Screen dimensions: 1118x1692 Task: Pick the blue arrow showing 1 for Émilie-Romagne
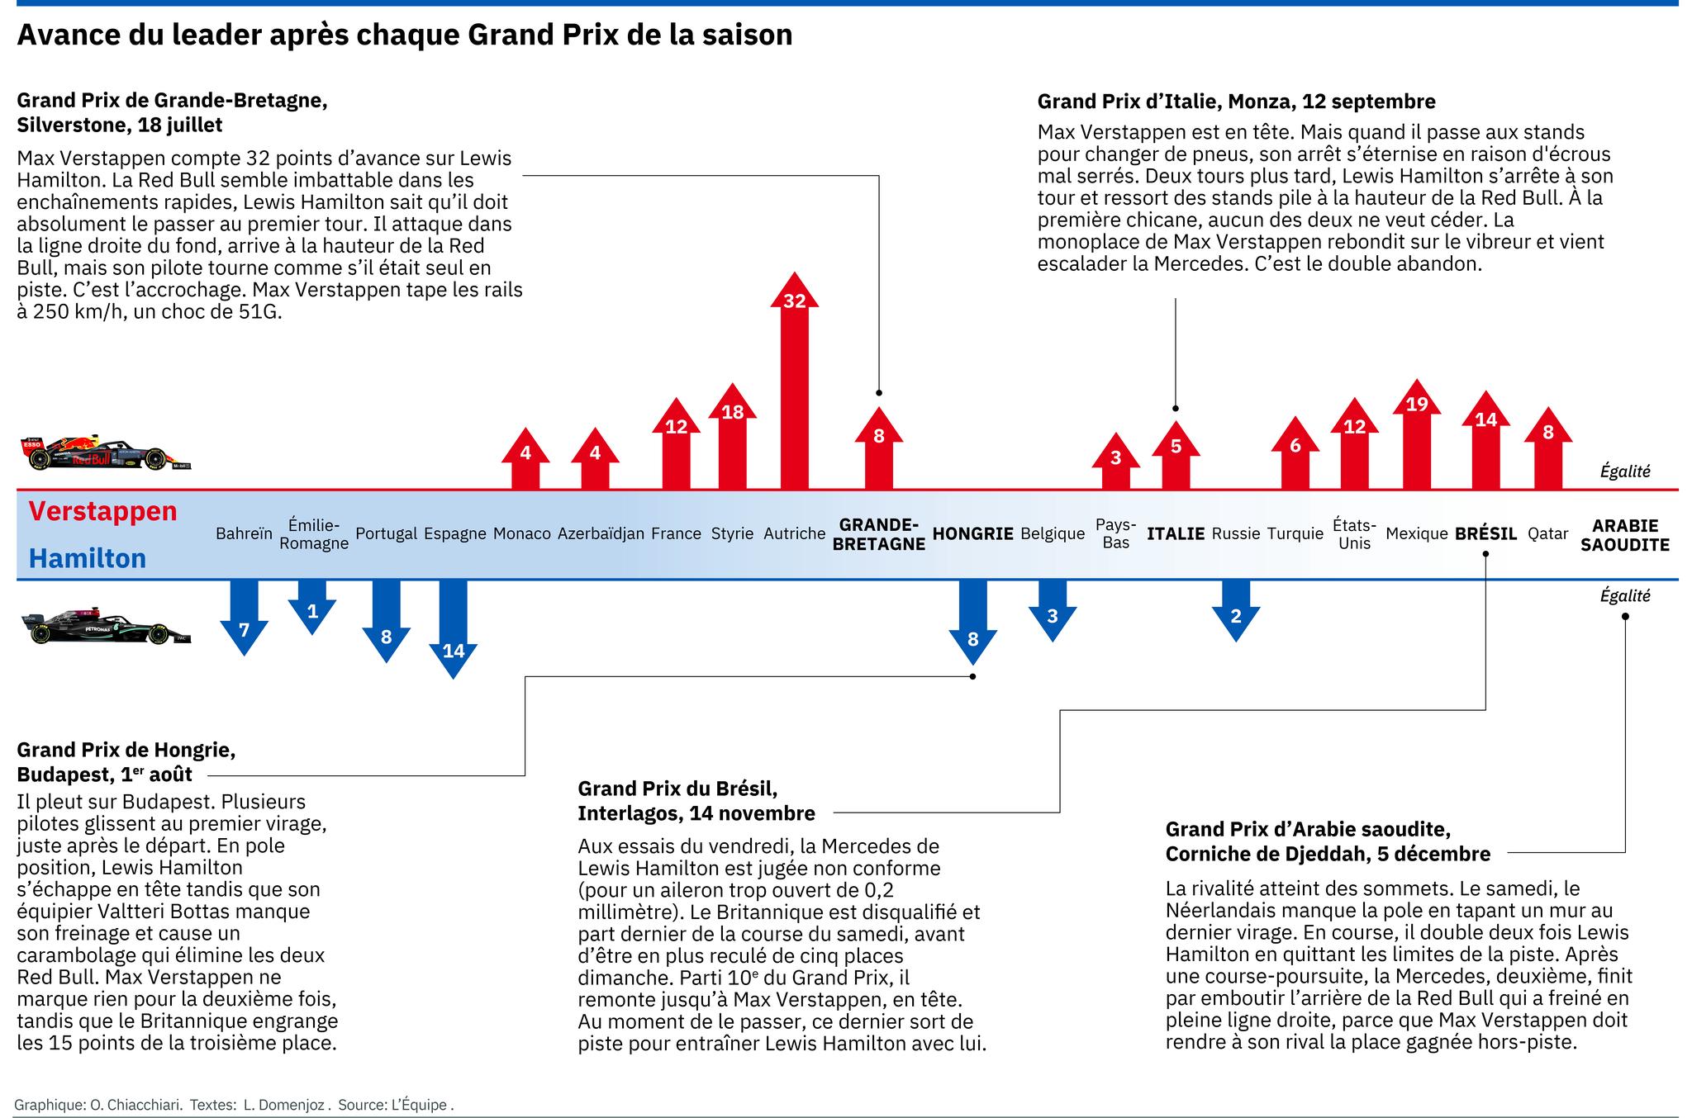point(311,607)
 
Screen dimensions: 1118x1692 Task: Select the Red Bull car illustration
point(106,452)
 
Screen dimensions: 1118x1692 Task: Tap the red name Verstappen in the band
point(102,511)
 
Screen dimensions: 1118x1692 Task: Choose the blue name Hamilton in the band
point(88,559)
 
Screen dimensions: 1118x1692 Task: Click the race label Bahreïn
point(244,534)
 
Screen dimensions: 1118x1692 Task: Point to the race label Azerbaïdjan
point(601,534)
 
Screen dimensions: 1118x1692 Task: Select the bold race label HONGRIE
point(972,534)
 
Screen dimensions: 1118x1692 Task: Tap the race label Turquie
point(1295,534)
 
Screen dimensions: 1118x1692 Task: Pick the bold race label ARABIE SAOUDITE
point(1624,535)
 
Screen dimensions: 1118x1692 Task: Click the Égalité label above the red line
point(1624,471)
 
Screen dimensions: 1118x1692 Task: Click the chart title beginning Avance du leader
point(405,35)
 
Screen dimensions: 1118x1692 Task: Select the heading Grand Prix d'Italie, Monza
point(1236,102)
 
